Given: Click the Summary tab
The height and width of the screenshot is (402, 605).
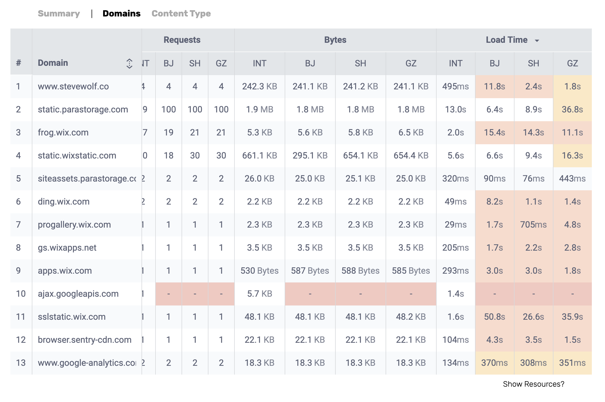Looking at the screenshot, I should click(x=59, y=13).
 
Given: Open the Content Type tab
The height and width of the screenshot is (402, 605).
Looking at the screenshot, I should click(x=181, y=13).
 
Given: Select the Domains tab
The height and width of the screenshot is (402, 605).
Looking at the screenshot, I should click(x=121, y=13).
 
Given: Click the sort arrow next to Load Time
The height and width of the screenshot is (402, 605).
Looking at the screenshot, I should click(x=537, y=41).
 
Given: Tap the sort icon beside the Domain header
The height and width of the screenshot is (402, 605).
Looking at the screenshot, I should click(x=129, y=63).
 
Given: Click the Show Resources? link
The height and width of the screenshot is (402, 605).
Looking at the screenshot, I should click(x=533, y=384).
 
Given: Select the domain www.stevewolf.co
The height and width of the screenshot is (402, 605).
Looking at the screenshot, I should click(x=73, y=86).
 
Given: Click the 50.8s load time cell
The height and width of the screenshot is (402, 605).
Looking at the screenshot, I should click(x=494, y=317).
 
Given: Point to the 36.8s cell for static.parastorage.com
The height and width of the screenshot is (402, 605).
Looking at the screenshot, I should click(x=572, y=109).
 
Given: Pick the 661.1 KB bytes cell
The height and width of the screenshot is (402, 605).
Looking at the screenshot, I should click(x=259, y=155).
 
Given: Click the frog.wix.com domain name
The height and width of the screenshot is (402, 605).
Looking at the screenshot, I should click(x=63, y=132).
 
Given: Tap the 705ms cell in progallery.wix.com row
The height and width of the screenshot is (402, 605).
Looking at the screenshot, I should click(x=533, y=225).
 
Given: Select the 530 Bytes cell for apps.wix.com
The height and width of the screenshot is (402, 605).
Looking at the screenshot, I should click(x=259, y=271).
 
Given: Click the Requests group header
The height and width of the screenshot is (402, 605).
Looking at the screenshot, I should click(x=182, y=40).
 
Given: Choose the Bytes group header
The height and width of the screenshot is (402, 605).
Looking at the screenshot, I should click(x=335, y=40).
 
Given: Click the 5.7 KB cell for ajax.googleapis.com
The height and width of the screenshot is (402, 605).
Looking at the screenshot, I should click(x=259, y=294).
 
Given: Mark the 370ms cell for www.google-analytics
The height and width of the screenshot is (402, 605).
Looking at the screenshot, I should click(x=494, y=363).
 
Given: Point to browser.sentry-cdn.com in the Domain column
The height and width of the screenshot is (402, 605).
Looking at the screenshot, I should click(x=84, y=340).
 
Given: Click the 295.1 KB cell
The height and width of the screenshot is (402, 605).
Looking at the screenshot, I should click(x=310, y=155).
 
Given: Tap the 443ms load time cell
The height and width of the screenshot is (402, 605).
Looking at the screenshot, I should click(x=572, y=179).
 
